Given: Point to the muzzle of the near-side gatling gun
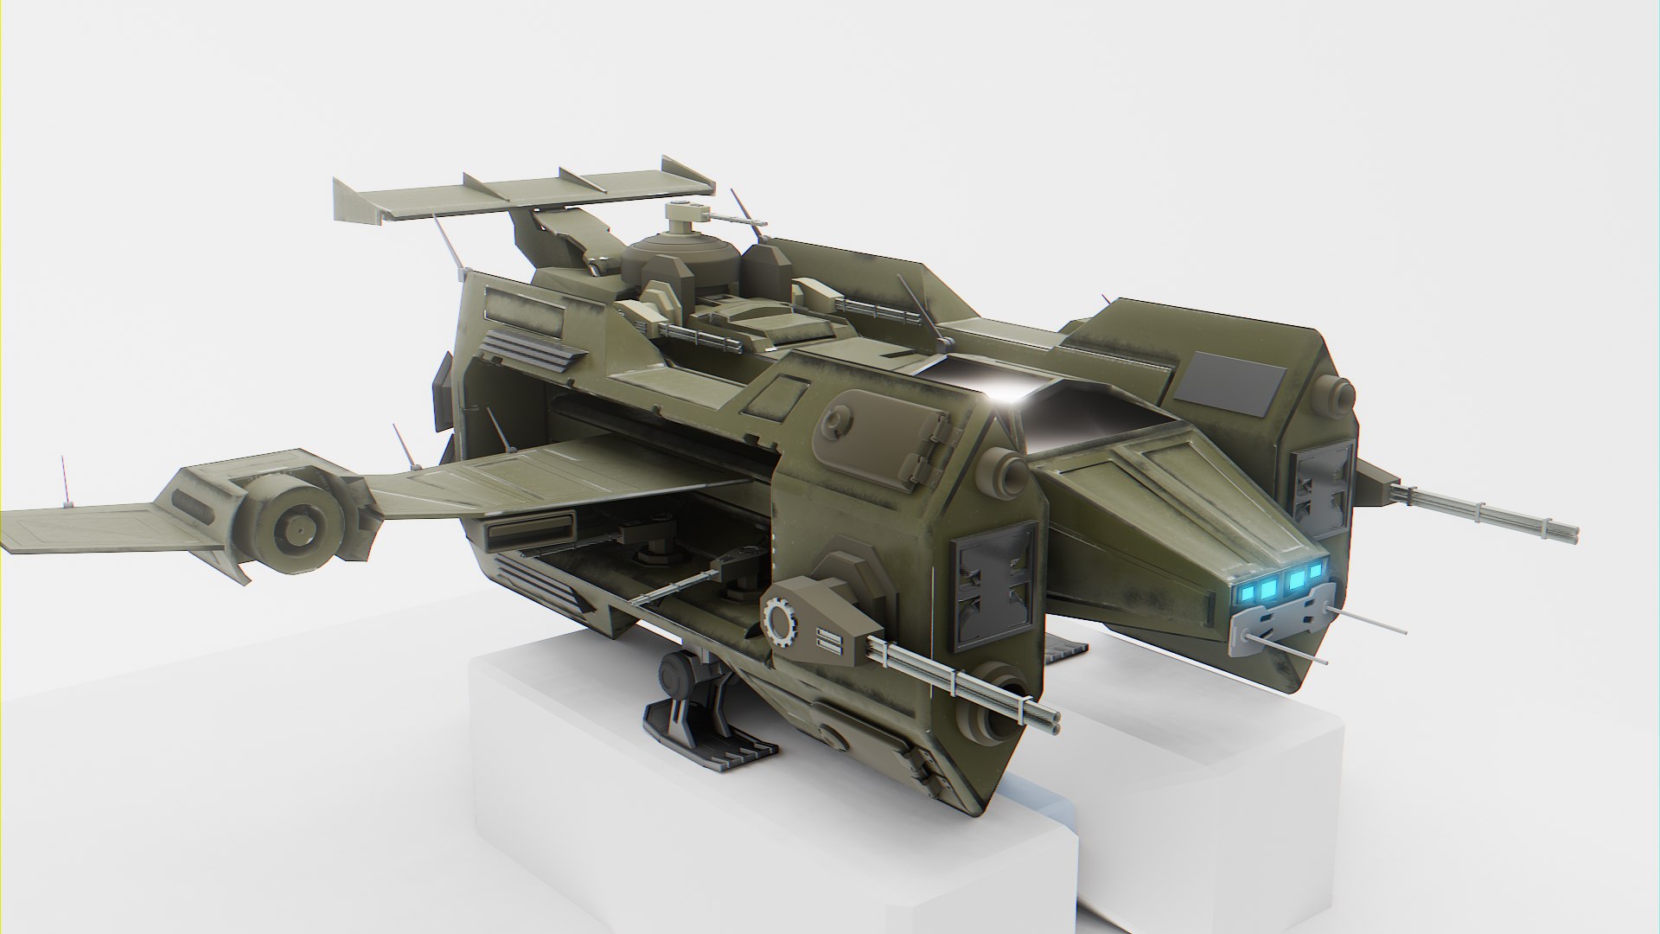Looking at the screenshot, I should pos(1053,716).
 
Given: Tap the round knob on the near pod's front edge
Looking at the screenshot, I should pos(1007,471).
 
